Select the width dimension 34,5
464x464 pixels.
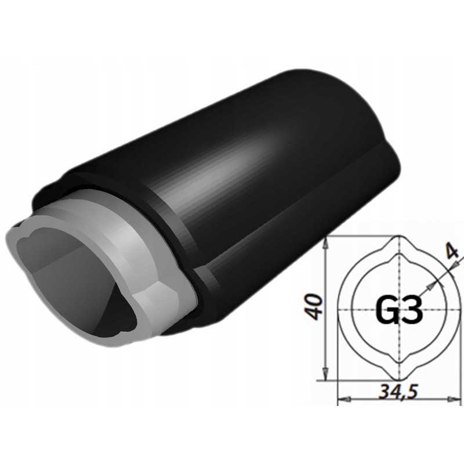point(398,392)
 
